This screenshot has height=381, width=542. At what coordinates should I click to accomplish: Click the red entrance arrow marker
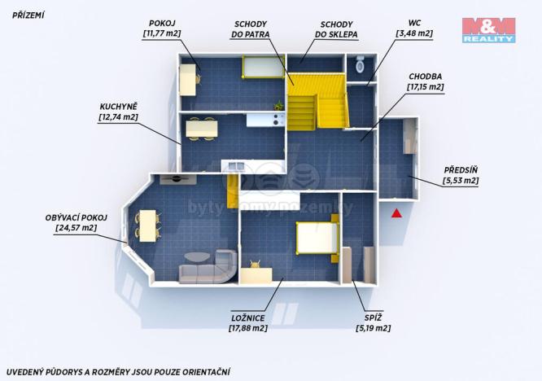point(396,213)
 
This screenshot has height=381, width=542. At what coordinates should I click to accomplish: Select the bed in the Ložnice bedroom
point(317,239)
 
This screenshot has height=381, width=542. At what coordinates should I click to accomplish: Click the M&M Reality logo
point(488,30)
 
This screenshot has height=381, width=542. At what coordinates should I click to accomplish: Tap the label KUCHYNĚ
point(118,107)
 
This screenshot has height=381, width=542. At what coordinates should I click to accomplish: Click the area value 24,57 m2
point(76,228)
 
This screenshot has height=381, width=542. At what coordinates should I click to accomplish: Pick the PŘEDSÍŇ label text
point(461,170)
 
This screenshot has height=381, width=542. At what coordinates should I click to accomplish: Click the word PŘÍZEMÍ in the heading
point(28,14)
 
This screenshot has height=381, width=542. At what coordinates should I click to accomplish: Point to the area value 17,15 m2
point(426,86)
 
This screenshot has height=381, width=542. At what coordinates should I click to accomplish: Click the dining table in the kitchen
point(201,128)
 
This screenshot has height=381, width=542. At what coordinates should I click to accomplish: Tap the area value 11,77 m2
point(162,33)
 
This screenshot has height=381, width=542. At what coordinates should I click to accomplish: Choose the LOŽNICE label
point(247,317)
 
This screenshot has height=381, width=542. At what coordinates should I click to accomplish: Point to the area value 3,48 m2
point(414,33)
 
